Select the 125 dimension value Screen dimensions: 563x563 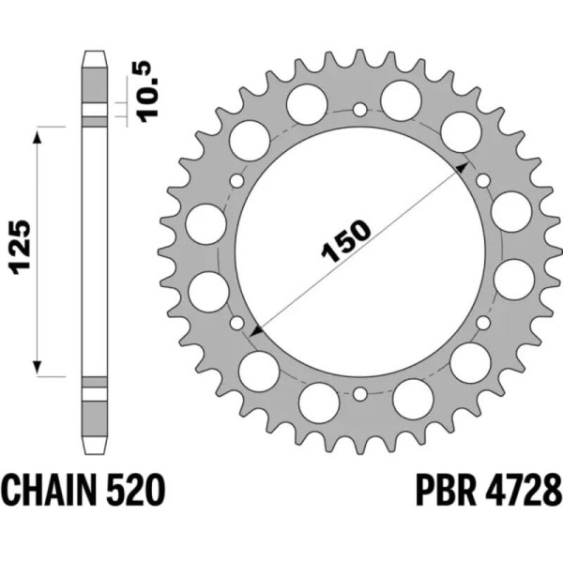[21, 249]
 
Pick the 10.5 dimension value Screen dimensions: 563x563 [147, 94]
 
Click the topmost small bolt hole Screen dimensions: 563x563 [359, 111]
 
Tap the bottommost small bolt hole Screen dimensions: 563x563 [359, 396]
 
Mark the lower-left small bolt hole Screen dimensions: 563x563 [236, 325]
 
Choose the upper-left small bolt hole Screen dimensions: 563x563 [236, 181]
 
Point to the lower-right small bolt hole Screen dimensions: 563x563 [482, 324]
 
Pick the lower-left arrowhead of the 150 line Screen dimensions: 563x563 [256, 329]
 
